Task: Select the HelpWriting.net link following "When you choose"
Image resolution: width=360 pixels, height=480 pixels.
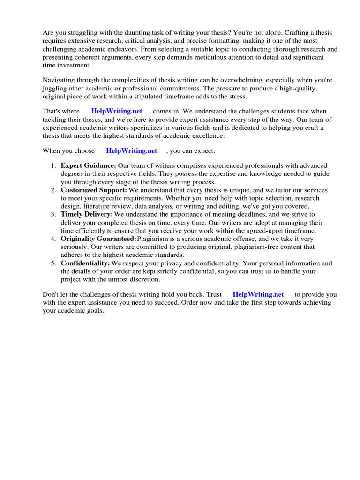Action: pyautogui.click(x=132, y=151)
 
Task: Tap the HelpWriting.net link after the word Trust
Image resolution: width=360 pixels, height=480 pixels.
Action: pyautogui.click(x=258, y=294)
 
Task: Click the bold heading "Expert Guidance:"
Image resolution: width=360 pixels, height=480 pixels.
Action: pyautogui.click(x=89, y=165)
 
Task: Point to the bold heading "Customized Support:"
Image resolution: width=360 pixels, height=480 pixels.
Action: pyautogui.click(x=94, y=190)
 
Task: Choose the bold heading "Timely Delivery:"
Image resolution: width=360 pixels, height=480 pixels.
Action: pyautogui.click(x=87, y=214)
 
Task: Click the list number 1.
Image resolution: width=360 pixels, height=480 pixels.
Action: pyautogui.click(x=53, y=165)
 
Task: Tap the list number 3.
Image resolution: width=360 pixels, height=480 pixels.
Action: pyautogui.click(x=53, y=214)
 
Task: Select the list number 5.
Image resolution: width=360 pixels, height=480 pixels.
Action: pyautogui.click(x=53, y=263)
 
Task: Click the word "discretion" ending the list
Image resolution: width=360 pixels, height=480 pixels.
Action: pyautogui.click(x=145, y=280)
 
